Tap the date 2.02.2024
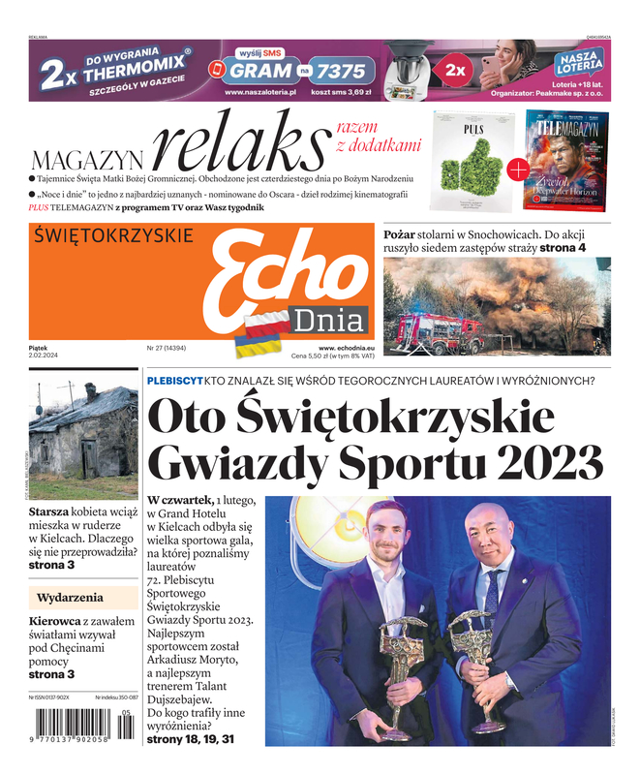[x=46, y=355]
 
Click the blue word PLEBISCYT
[x=173, y=380]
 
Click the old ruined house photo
[x=83, y=442]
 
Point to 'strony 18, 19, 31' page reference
[x=190, y=740]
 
